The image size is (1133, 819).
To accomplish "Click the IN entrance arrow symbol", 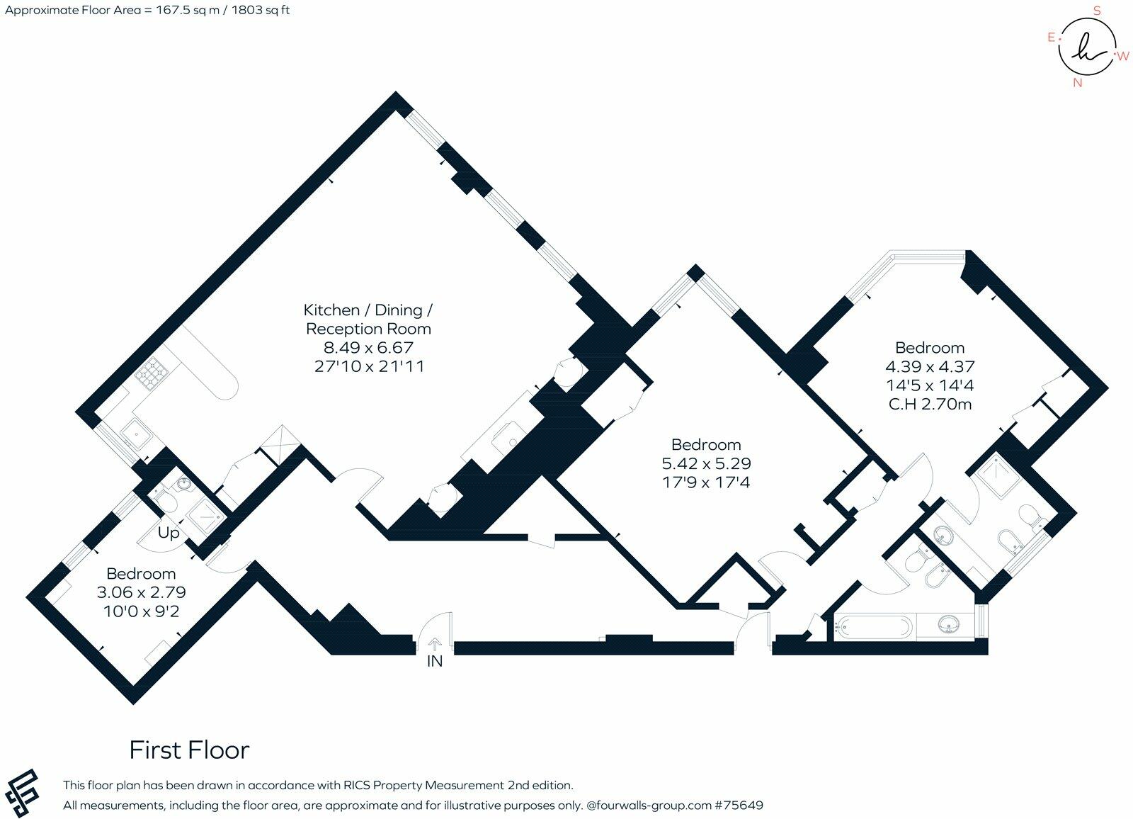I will [434, 644].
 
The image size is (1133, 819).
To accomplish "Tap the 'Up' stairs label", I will [169, 533].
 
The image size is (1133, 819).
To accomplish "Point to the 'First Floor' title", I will [189, 750].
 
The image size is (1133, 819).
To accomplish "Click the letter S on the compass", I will [1097, 11].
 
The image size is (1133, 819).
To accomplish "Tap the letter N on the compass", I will [1078, 82].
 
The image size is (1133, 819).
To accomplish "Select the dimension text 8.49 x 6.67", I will [368, 348].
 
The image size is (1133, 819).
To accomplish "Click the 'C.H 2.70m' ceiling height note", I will [930, 405].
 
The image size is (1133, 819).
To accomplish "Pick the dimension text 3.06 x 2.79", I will [141, 592].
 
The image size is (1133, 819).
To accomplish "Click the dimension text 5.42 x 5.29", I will [706, 463].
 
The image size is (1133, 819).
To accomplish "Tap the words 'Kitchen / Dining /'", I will [368, 310].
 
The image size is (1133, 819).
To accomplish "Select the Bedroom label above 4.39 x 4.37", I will [930, 348].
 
